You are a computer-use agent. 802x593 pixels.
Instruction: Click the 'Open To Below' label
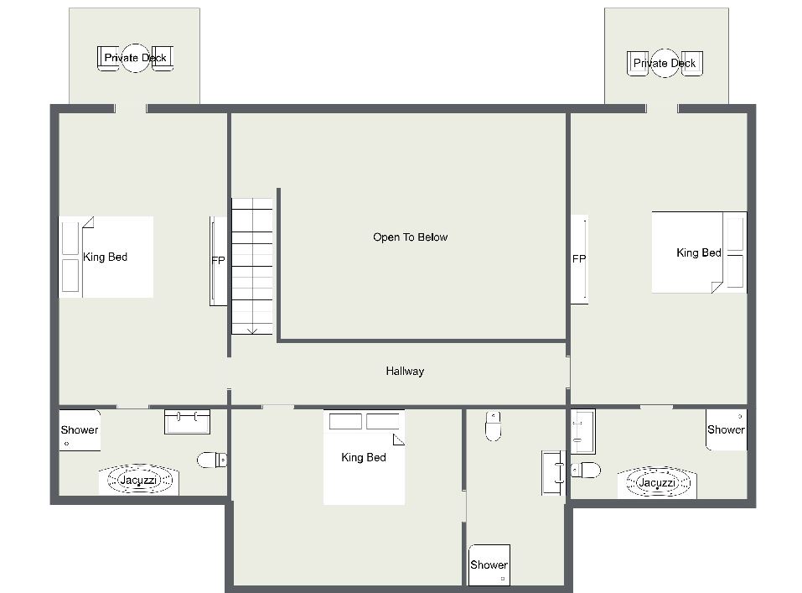(410, 237)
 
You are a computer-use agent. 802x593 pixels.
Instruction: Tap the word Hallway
(405, 371)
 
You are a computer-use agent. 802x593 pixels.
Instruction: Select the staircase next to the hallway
(252, 266)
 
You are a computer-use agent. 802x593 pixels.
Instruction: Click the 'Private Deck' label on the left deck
(135, 57)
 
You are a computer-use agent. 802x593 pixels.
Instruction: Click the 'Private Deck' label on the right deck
(665, 63)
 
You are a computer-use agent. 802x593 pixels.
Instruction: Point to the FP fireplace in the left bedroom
(219, 261)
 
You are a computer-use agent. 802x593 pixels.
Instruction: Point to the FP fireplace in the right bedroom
(580, 259)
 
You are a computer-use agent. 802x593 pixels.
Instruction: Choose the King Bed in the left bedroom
(106, 257)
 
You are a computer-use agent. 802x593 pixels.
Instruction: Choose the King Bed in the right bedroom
(699, 252)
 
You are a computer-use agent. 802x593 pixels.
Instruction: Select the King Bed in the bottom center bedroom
(365, 457)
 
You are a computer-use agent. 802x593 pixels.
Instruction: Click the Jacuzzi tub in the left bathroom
(139, 480)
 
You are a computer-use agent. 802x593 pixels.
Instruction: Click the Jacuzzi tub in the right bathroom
(657, 482)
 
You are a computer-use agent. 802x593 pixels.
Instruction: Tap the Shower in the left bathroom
(80, 430)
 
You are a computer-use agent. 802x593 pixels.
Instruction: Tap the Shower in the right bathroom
(727, 429)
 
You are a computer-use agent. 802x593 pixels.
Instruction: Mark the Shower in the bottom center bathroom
(489, 564)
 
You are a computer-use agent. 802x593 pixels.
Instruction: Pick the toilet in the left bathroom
(212, 460)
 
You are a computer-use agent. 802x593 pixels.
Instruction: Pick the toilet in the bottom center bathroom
(493, 425)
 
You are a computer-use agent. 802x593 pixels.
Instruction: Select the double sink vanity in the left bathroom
(187, 421)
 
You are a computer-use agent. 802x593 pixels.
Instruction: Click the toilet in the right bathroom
(586, 470)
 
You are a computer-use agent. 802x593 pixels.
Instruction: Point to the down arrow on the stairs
(252, 331)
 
